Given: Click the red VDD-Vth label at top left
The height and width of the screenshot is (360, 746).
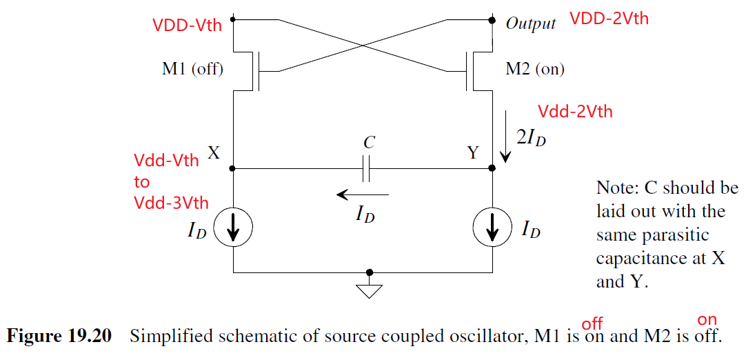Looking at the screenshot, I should coord(188,26).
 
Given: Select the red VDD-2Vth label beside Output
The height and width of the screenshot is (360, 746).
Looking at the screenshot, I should coord(609,19).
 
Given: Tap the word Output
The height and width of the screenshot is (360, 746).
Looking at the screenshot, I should coord(531,24).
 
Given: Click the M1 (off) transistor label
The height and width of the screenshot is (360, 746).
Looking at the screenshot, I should coord(192,69).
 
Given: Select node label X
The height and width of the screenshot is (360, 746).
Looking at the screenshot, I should coord(214,153).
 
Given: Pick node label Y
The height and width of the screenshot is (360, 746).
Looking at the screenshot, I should coord(472,153).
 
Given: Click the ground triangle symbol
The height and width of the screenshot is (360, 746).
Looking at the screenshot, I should coord(370,290).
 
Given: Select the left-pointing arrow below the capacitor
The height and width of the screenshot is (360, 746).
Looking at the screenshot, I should coord(362,195).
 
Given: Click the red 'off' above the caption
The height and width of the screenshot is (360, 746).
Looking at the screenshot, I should coord(592,323).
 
